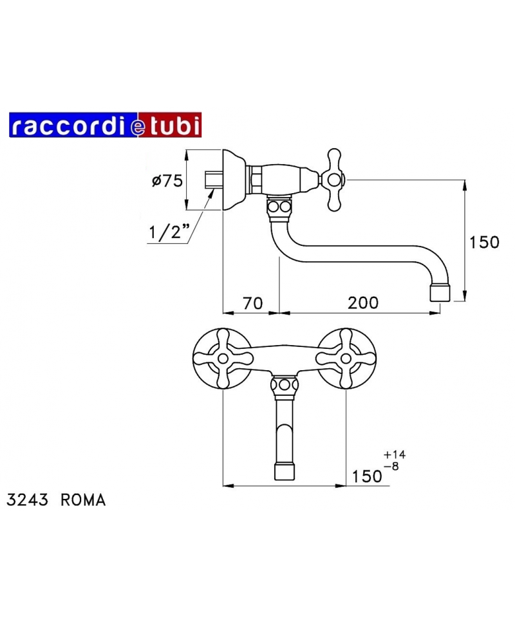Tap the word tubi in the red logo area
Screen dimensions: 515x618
[x=173, y=125]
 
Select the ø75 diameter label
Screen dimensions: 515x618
[x=167, y=181]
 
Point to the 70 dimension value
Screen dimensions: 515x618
[x=252, y=303]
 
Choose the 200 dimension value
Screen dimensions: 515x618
[x=363, y=303]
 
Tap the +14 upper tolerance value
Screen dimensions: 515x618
[x=395, y=454]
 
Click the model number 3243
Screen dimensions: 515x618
[x=27, y=500]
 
